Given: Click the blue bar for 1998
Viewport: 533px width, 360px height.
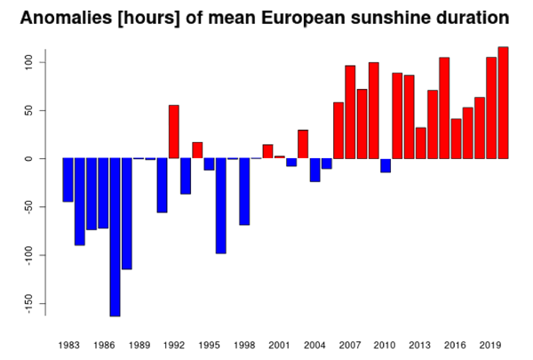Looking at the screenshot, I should tap(244, 191).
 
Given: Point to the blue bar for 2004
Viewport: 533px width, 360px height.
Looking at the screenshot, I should tap(314, 170).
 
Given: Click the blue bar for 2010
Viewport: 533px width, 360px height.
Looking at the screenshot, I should tap(386, 165).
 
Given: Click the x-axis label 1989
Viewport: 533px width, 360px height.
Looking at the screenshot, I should tap(138, 345).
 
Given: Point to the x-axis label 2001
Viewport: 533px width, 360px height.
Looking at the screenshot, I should tap(279, 345).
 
